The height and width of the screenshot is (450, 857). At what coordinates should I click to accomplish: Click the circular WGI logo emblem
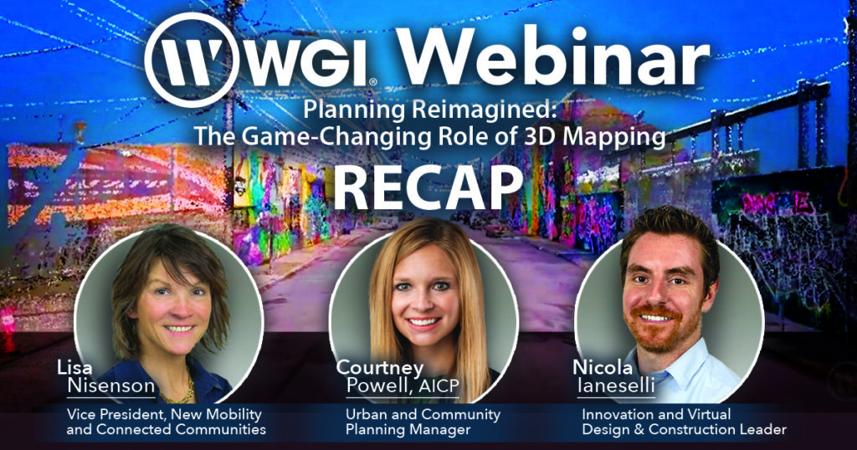pyautogui.click(x=192, y=60)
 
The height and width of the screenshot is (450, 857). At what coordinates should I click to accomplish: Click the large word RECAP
pyautogui.click(x=428, y=185)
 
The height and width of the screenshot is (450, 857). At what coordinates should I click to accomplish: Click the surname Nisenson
pyautogui.click(x=111, y=386)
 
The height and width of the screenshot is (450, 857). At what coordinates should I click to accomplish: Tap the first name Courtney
pyautogui.click(x=379, y=368)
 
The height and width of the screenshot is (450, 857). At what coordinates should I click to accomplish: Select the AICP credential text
pyautogui.click(x=439, y=386)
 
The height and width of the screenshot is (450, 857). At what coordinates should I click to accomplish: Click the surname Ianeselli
pyautogui.click(x=616, y=386)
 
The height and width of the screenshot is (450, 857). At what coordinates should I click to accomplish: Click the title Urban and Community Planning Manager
pyautogui.click(x=423, y=422)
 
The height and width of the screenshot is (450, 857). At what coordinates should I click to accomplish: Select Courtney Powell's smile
pyautogui.click(x=423, y=321)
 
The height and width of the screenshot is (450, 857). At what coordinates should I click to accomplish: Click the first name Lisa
pyautogui.click(x=74, y=367)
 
